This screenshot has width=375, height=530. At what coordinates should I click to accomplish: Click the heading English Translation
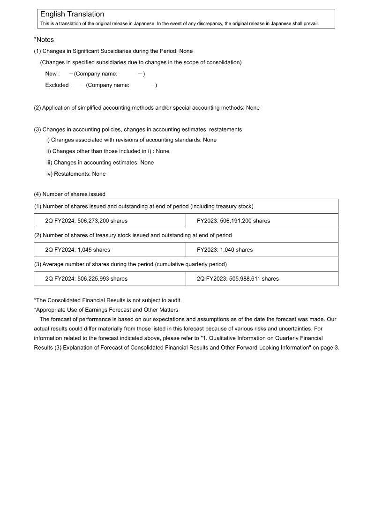coord(72,15)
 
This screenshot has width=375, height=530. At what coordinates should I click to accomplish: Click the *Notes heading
coord(44,40)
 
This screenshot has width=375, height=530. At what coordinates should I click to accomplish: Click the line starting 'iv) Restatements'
coord(76,174)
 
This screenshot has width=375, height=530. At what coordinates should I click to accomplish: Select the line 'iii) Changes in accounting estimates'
coord(100,163)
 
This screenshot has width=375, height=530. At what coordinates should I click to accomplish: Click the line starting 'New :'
coord(95,74)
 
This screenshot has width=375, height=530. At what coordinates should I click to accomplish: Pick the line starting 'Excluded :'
coord(101,85)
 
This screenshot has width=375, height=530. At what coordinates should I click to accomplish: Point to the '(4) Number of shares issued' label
coord(69,194)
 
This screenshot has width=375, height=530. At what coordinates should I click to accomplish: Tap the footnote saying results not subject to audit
coord(108,300)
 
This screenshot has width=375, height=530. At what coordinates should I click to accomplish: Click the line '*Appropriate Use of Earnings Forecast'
coord(106,310)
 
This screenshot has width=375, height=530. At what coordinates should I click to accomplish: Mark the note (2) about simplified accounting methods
coord(146,108)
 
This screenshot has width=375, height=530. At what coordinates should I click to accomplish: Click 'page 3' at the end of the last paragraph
coord(328,348)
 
